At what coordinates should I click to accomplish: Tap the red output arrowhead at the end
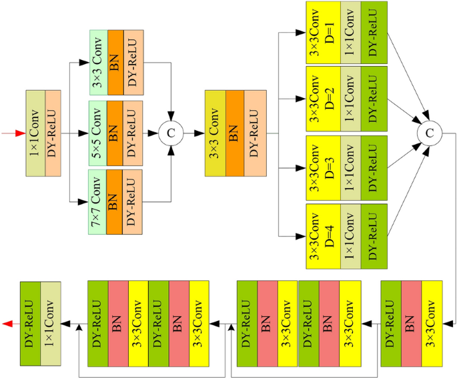point(8,324)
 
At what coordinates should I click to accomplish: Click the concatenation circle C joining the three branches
point(171,133)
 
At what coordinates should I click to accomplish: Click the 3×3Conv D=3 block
point(323,167)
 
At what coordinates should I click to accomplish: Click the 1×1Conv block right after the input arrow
point(36,133)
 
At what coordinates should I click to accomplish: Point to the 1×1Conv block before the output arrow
point(51,324)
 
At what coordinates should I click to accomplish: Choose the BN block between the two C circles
point(235,133)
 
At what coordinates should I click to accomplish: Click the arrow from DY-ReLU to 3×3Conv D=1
point(292,31)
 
